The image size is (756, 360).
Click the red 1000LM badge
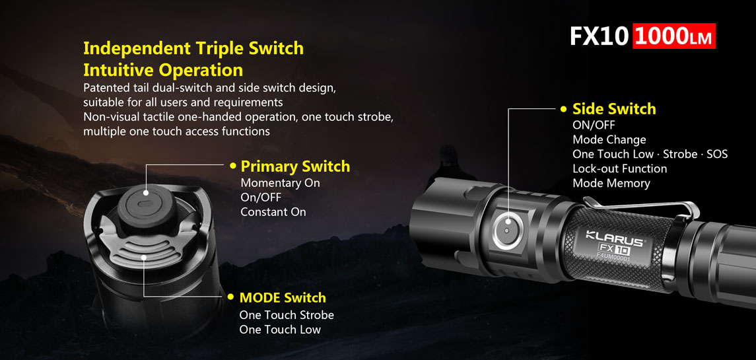674,36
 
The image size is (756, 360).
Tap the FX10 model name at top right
600,36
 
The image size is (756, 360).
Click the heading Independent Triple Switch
193,48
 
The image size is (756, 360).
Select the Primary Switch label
295,166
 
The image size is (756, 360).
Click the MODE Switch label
283,297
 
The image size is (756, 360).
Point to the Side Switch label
614,109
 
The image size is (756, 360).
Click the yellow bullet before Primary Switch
233,166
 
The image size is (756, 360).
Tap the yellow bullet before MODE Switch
232,297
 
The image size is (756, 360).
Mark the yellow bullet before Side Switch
564,109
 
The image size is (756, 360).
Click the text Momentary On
280,183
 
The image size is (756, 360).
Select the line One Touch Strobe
287,315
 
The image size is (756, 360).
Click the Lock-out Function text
620,169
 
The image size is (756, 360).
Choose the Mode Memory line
611,184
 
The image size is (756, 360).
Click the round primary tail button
146,206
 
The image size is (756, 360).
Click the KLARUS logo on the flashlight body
615,239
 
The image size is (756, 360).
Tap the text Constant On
273,212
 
